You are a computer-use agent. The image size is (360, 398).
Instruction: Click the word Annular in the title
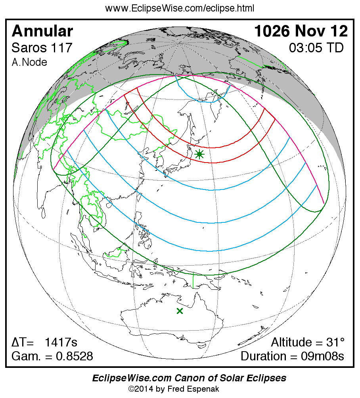coord(42,31)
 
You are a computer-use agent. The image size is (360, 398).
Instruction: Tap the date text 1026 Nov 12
coord(301,31)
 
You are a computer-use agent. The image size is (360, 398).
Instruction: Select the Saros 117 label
coord(42,48)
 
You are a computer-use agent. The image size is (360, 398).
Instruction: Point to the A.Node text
coord(29,62)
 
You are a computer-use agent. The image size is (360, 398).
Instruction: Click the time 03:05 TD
coord(316,48)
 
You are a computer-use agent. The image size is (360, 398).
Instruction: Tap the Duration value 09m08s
coord(321,356)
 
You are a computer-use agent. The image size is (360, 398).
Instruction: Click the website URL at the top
coord(180,8)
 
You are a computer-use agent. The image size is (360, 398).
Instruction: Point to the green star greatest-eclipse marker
coord(199,155)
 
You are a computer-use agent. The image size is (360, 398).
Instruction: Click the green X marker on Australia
coord(180,311)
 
